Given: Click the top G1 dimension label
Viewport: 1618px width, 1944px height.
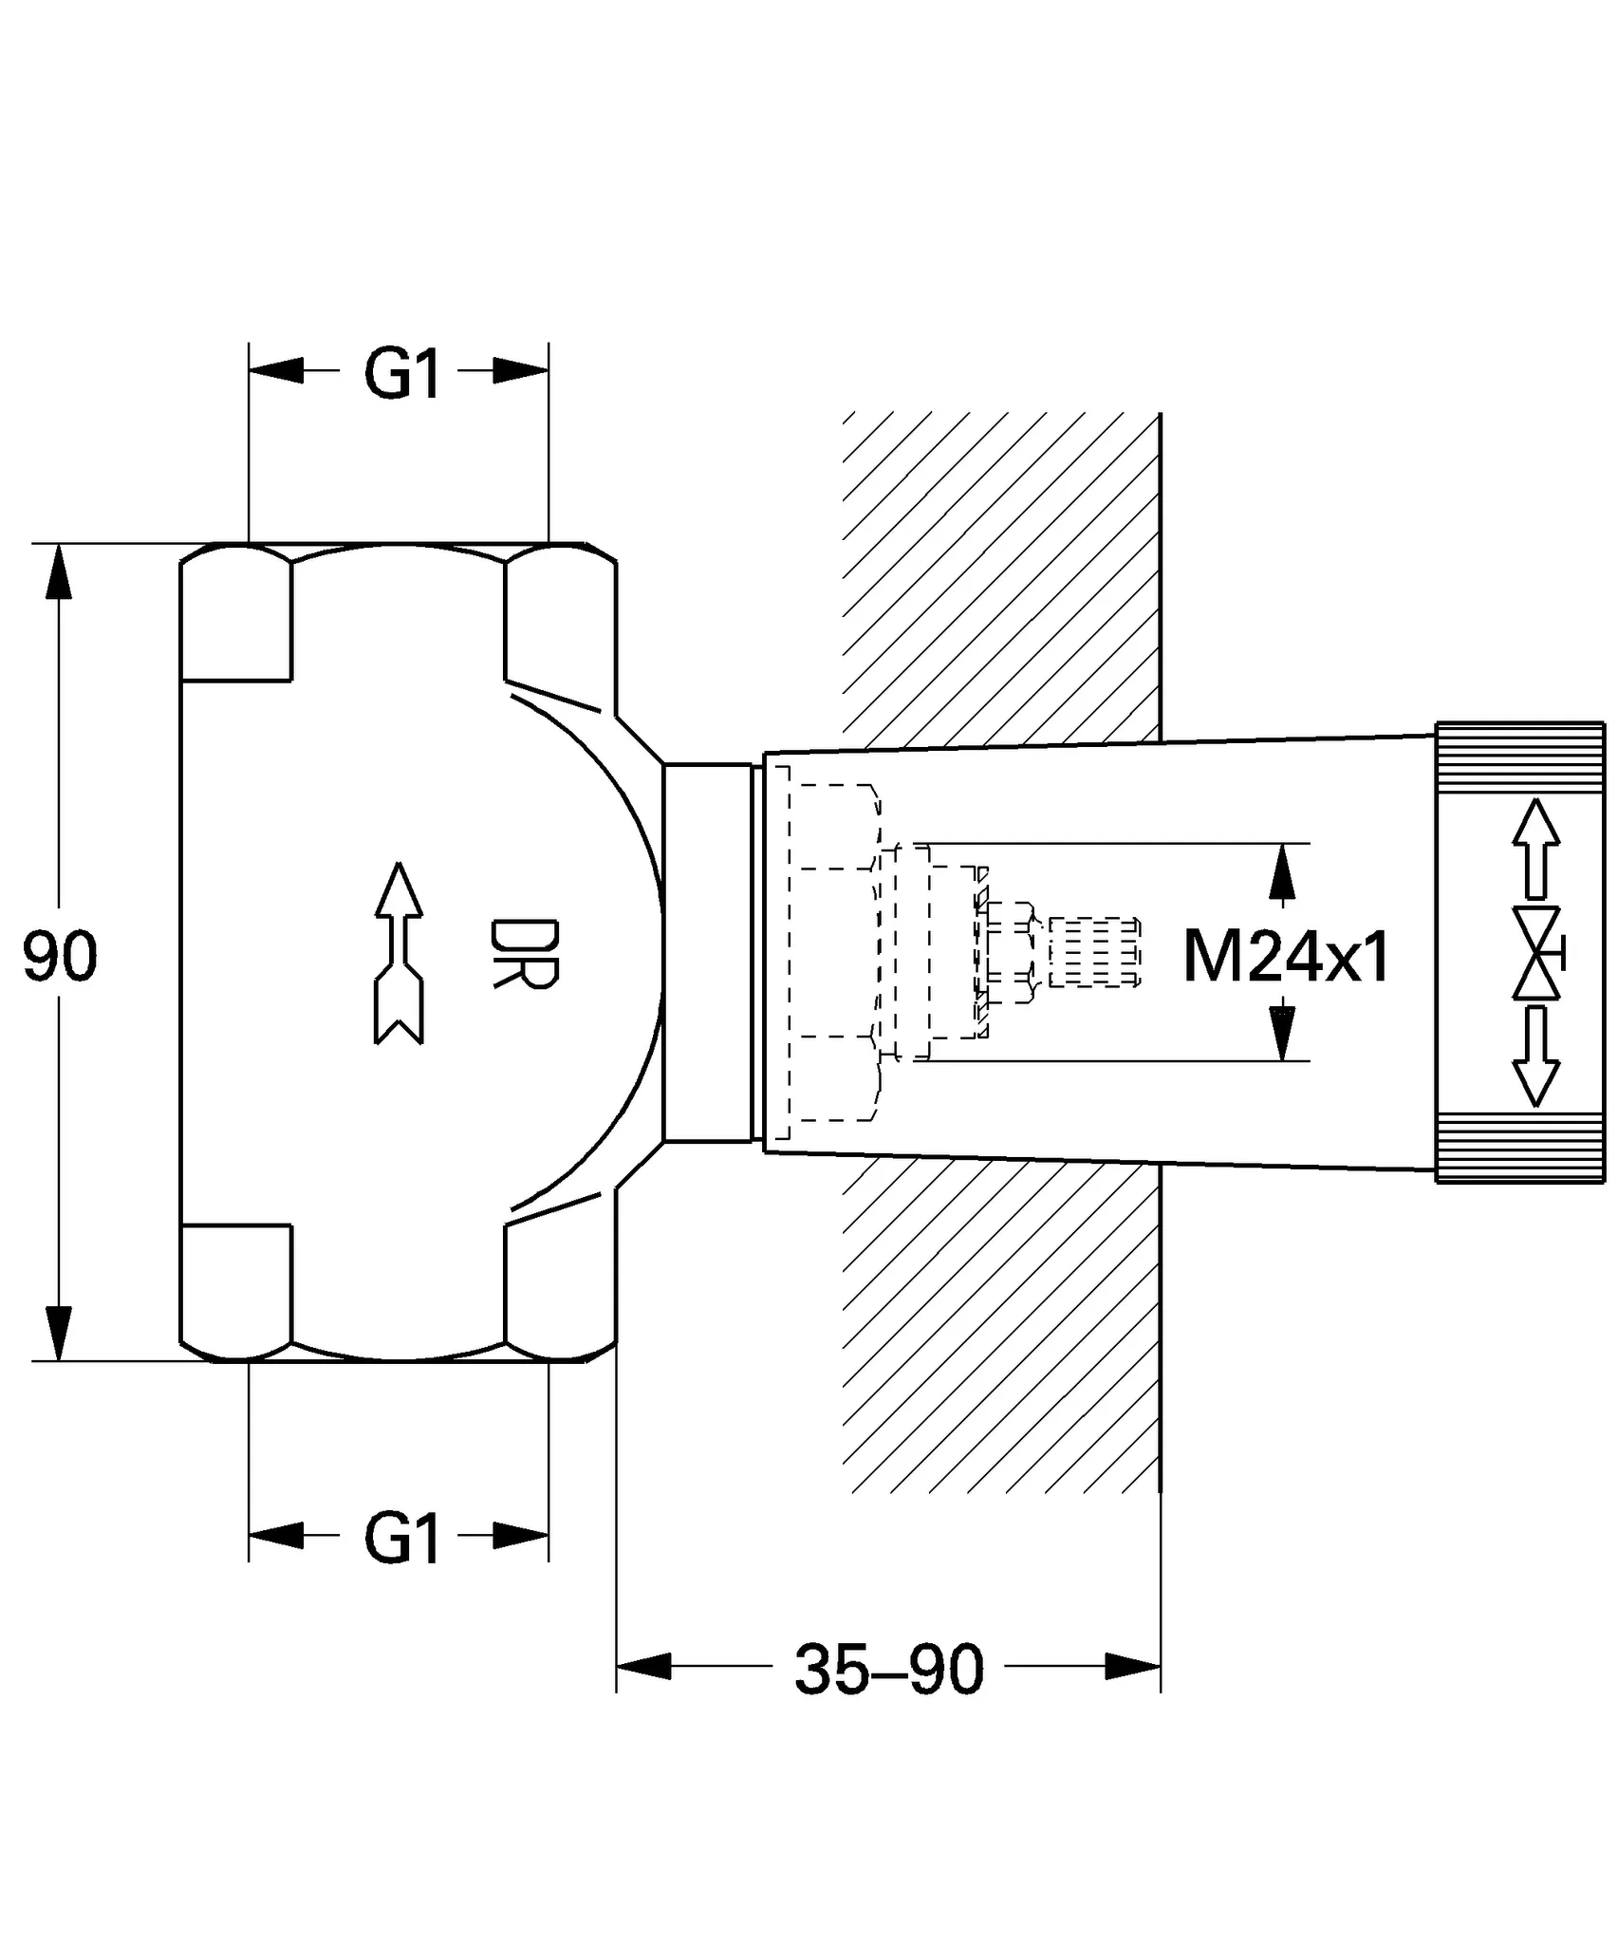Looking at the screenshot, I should (402, 374).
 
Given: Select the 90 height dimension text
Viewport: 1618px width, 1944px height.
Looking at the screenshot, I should (60, 957).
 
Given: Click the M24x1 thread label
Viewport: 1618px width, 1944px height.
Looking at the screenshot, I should (1285, 957).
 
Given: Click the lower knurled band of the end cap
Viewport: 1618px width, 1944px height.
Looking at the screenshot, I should (1519, 1148).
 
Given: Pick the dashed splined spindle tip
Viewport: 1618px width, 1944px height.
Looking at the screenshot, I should (1093, 952).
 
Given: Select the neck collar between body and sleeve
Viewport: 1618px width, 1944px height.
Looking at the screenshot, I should (707, 951).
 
